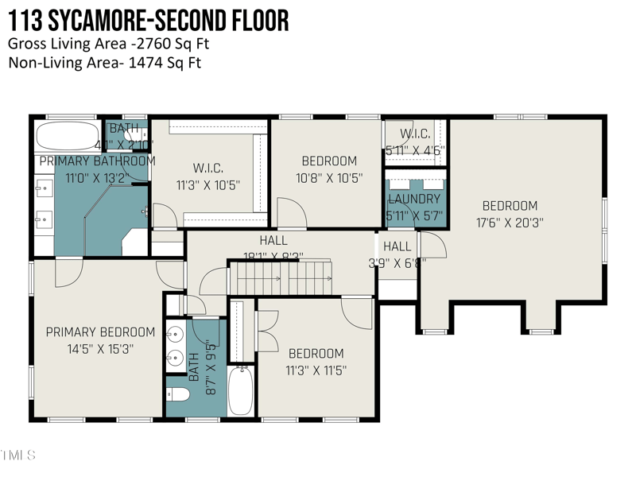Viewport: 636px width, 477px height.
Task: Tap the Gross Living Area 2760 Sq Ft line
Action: [x=109, y=45]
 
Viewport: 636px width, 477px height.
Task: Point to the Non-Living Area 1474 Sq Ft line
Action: [x=105, y=63]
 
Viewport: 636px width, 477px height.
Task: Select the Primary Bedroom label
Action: [x=100, y=332]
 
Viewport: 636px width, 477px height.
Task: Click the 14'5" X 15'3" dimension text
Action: [x=100, y=348]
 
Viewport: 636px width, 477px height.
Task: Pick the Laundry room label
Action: [x=413, y=199]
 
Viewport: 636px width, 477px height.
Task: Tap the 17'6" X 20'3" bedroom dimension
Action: [x=510, y=223]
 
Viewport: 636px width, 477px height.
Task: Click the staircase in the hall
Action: [x=281, y=277]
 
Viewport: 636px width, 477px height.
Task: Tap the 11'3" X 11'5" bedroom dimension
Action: [x=316, y=370]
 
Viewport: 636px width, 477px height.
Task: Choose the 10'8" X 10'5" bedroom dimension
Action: [x=329, y=178]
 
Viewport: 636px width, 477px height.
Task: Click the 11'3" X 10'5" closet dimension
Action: [x=207, y=184]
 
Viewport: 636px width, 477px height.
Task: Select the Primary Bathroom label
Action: [x=97, y=161]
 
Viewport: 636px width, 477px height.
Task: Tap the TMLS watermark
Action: [x=17, y=456]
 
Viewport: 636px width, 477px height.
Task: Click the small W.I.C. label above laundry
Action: [x=415, y=133]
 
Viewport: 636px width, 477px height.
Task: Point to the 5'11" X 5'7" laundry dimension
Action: [x=413, y=215]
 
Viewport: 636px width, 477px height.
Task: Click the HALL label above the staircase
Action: [x=273, y=240]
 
